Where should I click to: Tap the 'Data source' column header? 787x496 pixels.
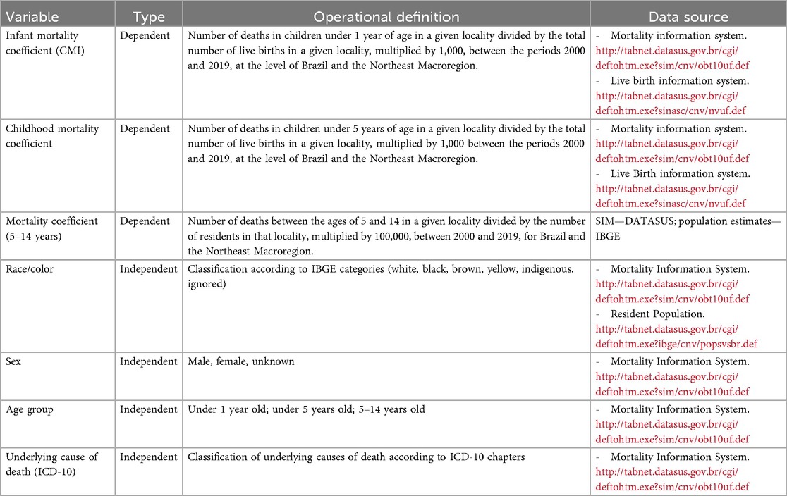point(690,16)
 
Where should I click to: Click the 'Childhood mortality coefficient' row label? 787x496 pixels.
point(52,135)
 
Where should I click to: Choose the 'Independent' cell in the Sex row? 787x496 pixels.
point(148,361)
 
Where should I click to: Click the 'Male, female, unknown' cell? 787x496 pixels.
point(241,361)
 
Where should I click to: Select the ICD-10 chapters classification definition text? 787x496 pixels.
point(356,457)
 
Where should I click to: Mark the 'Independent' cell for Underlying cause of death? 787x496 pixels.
point(148,457)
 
